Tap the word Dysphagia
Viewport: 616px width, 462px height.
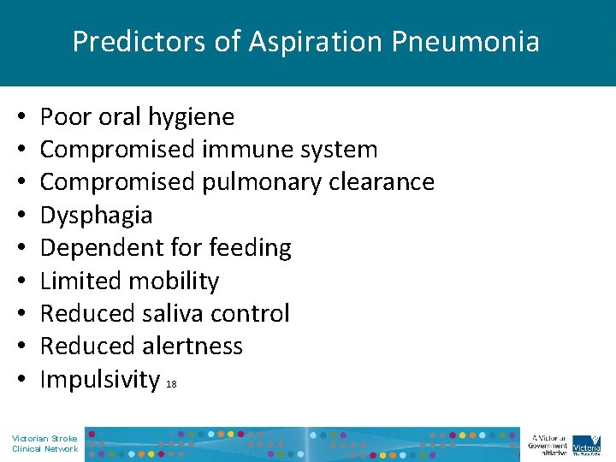tap(96, 215)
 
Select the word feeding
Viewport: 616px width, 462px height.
tap(254, 248)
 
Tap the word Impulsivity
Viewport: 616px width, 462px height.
tap(100, 379)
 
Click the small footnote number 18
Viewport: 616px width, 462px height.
tap(172, 385)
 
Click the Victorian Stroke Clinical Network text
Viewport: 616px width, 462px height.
tap(44, 443)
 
